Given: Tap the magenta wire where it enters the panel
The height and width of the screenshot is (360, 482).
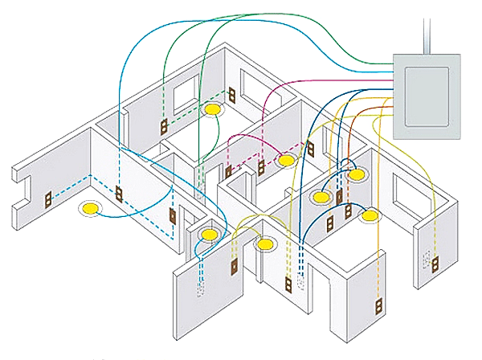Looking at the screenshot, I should pos(394,81).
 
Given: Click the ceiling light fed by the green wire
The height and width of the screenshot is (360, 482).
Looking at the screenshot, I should pos(213,108).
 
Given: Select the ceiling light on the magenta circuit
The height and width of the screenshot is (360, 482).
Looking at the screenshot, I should pos(286,160).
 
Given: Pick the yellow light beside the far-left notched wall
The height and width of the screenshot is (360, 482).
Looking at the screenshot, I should pos(89,209).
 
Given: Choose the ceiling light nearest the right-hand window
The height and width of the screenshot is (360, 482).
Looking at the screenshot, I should pos(370,215).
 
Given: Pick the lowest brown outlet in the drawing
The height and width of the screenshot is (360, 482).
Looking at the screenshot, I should pos(374,307).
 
